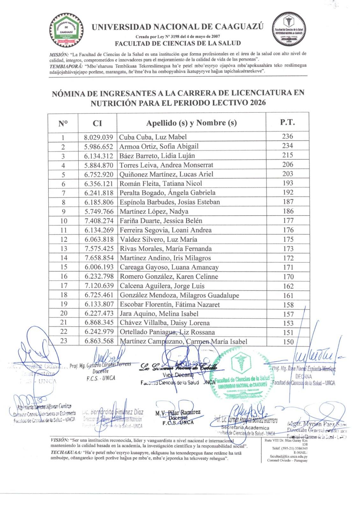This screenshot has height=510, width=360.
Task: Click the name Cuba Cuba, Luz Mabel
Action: click(x=153, y=137)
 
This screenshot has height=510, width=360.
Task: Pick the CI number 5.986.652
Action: click(x=99, y=146)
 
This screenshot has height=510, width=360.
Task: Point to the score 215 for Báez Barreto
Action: click(x=287, y=155)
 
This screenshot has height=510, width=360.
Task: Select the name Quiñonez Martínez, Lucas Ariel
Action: click(x=166, y=174)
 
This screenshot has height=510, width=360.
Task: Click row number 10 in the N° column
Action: click(x=63, y=221)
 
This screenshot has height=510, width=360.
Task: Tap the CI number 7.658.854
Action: click(x=99, y=258)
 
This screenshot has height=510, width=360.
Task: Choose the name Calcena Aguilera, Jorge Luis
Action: click(x=162, y=286)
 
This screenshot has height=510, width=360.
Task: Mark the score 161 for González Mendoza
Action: click(x=288, y=295)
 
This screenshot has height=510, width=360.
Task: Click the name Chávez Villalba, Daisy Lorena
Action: click(x=165, y=323)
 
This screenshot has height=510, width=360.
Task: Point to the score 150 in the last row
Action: click(x=288, y=342)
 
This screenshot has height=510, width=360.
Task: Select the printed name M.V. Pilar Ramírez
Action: click(x=178, y=413)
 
